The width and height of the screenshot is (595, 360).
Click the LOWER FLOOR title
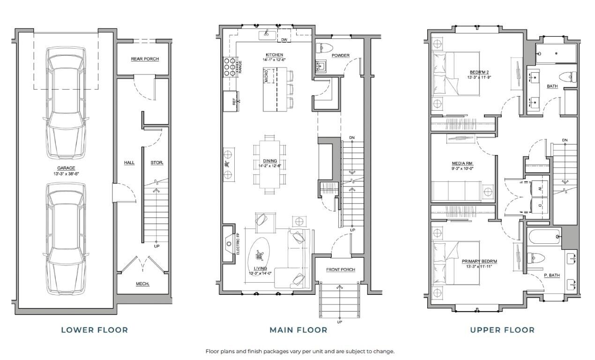click(94, 330)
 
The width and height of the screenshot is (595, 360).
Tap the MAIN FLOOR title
click(298, 330)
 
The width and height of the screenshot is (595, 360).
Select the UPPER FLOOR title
click(502, 330)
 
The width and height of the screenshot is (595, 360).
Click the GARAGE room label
click(67, 168)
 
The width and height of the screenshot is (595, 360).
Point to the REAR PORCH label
click(145, 59)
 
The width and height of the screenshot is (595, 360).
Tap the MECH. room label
click(142, 284)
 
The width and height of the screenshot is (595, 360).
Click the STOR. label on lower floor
click(156, 163)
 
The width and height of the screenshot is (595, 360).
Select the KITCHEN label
click(275, 55)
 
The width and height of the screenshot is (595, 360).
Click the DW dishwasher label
click(284, 40)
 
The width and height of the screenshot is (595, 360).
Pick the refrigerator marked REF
click(230, 100)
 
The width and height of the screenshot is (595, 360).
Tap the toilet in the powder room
click(324, 47)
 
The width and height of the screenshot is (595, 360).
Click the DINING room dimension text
click(269, 165)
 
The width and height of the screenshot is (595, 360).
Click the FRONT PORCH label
click(341, 270)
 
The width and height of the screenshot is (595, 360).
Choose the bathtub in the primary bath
click(543, 237)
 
